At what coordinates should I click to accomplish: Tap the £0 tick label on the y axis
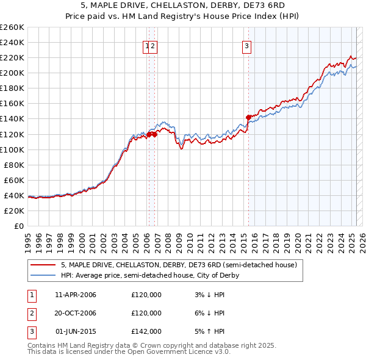tap(19, 226)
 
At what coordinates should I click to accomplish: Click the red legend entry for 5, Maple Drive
tap(179, 265)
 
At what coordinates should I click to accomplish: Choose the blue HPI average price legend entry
tap(149, 276)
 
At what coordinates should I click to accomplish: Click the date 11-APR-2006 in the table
tap(76, 295)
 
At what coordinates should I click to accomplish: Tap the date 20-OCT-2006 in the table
tap(76, 313)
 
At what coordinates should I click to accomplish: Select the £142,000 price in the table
tap(146, 331)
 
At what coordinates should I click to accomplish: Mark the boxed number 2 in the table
tap(30, 314)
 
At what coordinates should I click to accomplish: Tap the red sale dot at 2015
tap(248, 117)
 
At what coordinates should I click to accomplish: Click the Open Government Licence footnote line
tap(129, 352)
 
